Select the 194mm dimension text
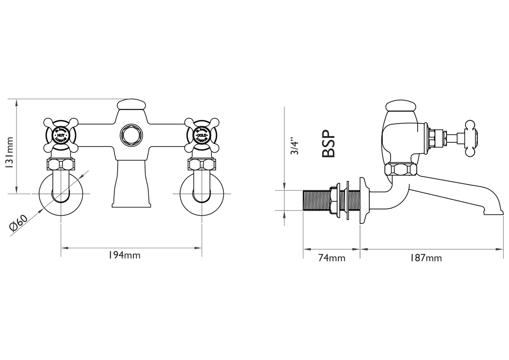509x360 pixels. coord(124,255)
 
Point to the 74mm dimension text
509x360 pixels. coord(332,258)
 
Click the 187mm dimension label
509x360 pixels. coord(426,258)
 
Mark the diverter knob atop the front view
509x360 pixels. coord(132,105)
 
